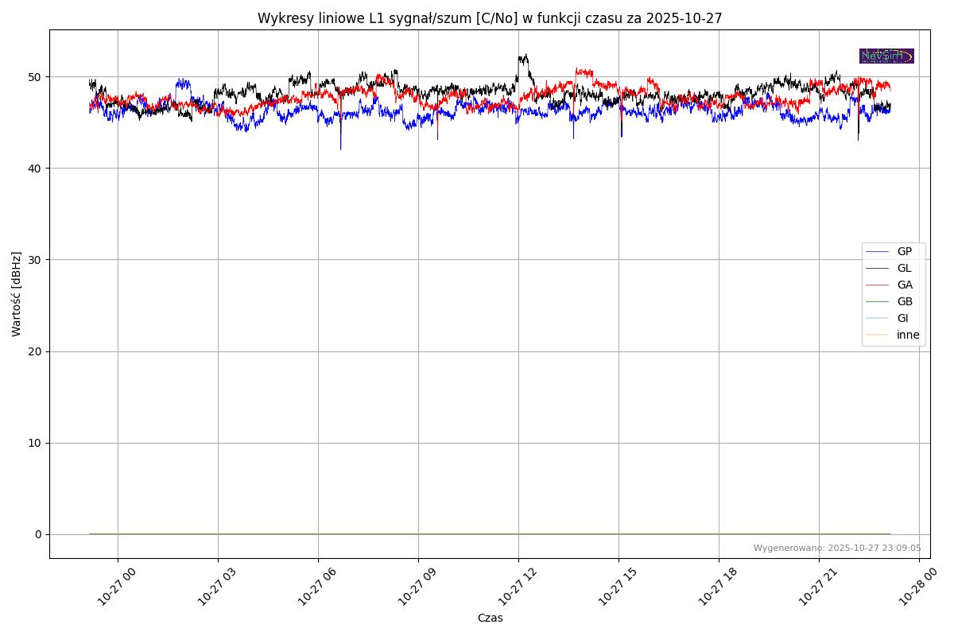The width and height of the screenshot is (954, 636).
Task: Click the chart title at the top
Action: point(489,18)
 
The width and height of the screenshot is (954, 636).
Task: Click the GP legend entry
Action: point(904,251)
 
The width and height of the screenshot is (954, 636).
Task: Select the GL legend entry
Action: point(904,268)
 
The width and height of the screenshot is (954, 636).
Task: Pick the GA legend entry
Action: point(904,285)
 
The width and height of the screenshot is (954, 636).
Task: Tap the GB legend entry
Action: point(904,301)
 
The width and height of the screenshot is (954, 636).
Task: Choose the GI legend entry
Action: point(902,318)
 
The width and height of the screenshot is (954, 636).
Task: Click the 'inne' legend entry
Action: point(908,335)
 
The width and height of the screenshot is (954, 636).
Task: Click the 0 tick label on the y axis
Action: point(37,534)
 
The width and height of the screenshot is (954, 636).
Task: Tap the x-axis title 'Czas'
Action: point(490,618)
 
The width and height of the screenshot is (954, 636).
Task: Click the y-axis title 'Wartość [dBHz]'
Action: point(17,293)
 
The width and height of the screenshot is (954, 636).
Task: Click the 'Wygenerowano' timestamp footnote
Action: point(837,548)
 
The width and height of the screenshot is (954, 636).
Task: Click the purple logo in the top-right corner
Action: point(886,56)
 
